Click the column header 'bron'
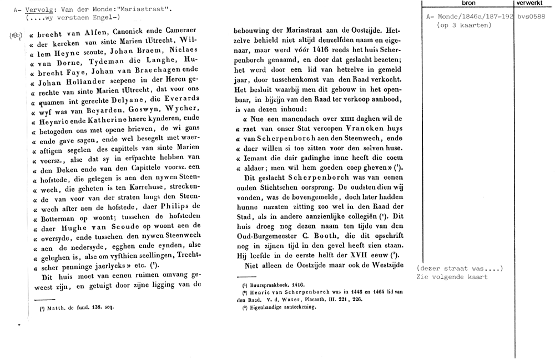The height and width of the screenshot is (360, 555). (468, 3)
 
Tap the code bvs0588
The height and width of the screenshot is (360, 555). (531, 17)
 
